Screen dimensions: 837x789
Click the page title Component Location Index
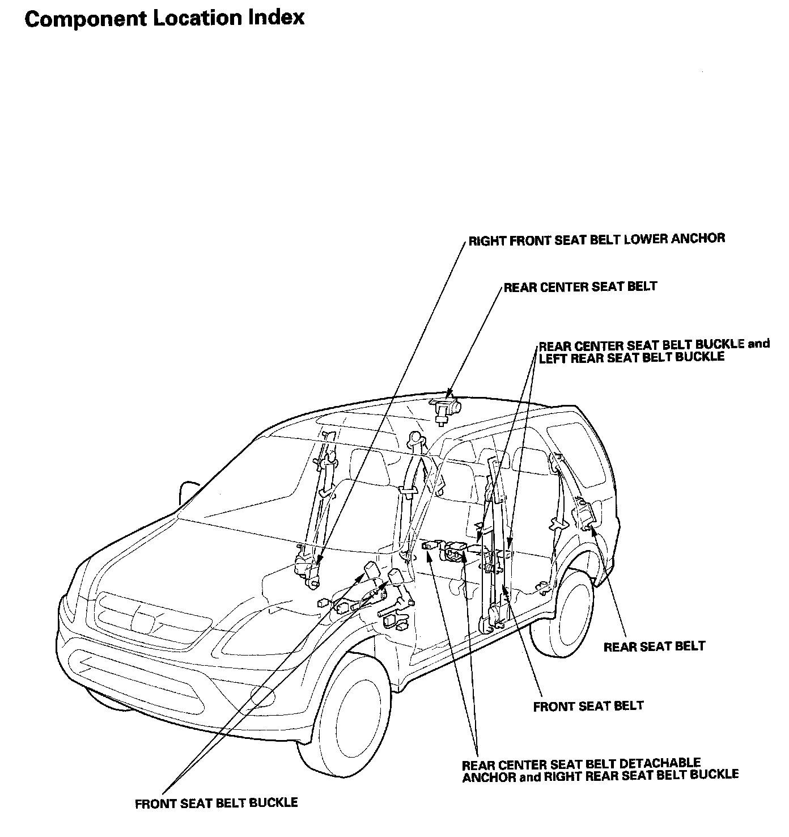(164, 18)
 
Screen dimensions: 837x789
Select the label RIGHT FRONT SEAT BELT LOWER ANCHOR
(596, 239)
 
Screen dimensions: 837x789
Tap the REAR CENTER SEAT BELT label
(580, 287)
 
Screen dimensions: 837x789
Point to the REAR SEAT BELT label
(654, 646)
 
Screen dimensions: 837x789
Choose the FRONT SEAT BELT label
(588, 706)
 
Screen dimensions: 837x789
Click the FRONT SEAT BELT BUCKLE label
(216, 803)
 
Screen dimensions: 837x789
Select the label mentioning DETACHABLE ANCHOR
(600, 770)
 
